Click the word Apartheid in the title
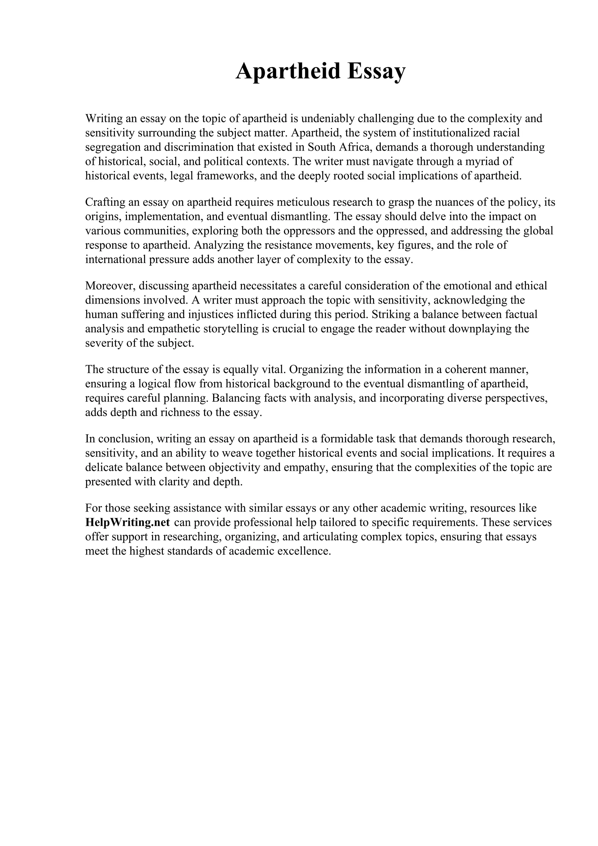pyautogui.click(x=288, y=71)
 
